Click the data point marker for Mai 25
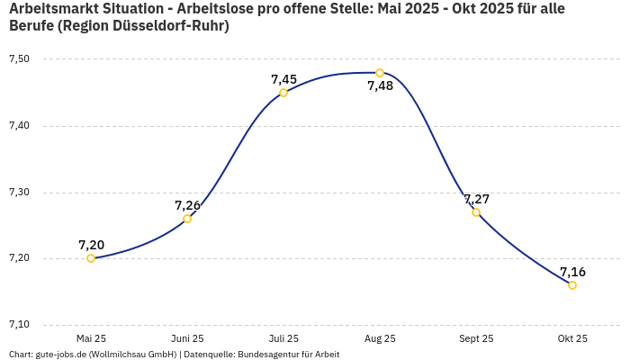pos(91,258)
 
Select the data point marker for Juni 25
pos(187,219)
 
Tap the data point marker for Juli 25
pos(283,93)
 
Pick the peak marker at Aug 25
pos(380,73)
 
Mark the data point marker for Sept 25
pos(476,212)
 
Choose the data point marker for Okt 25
pos(572,285)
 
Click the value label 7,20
pos(91,245)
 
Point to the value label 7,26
pos(187,205)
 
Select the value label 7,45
pos(283,79)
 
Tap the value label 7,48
pos(380,86)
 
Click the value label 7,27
pos(476,199)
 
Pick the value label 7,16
pos(572,272)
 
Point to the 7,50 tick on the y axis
pos(20,59)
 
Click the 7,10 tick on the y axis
pos(20,325)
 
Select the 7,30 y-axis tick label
pos(20,193)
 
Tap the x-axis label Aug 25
pos(380,338)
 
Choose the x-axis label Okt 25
pos(572,338)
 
